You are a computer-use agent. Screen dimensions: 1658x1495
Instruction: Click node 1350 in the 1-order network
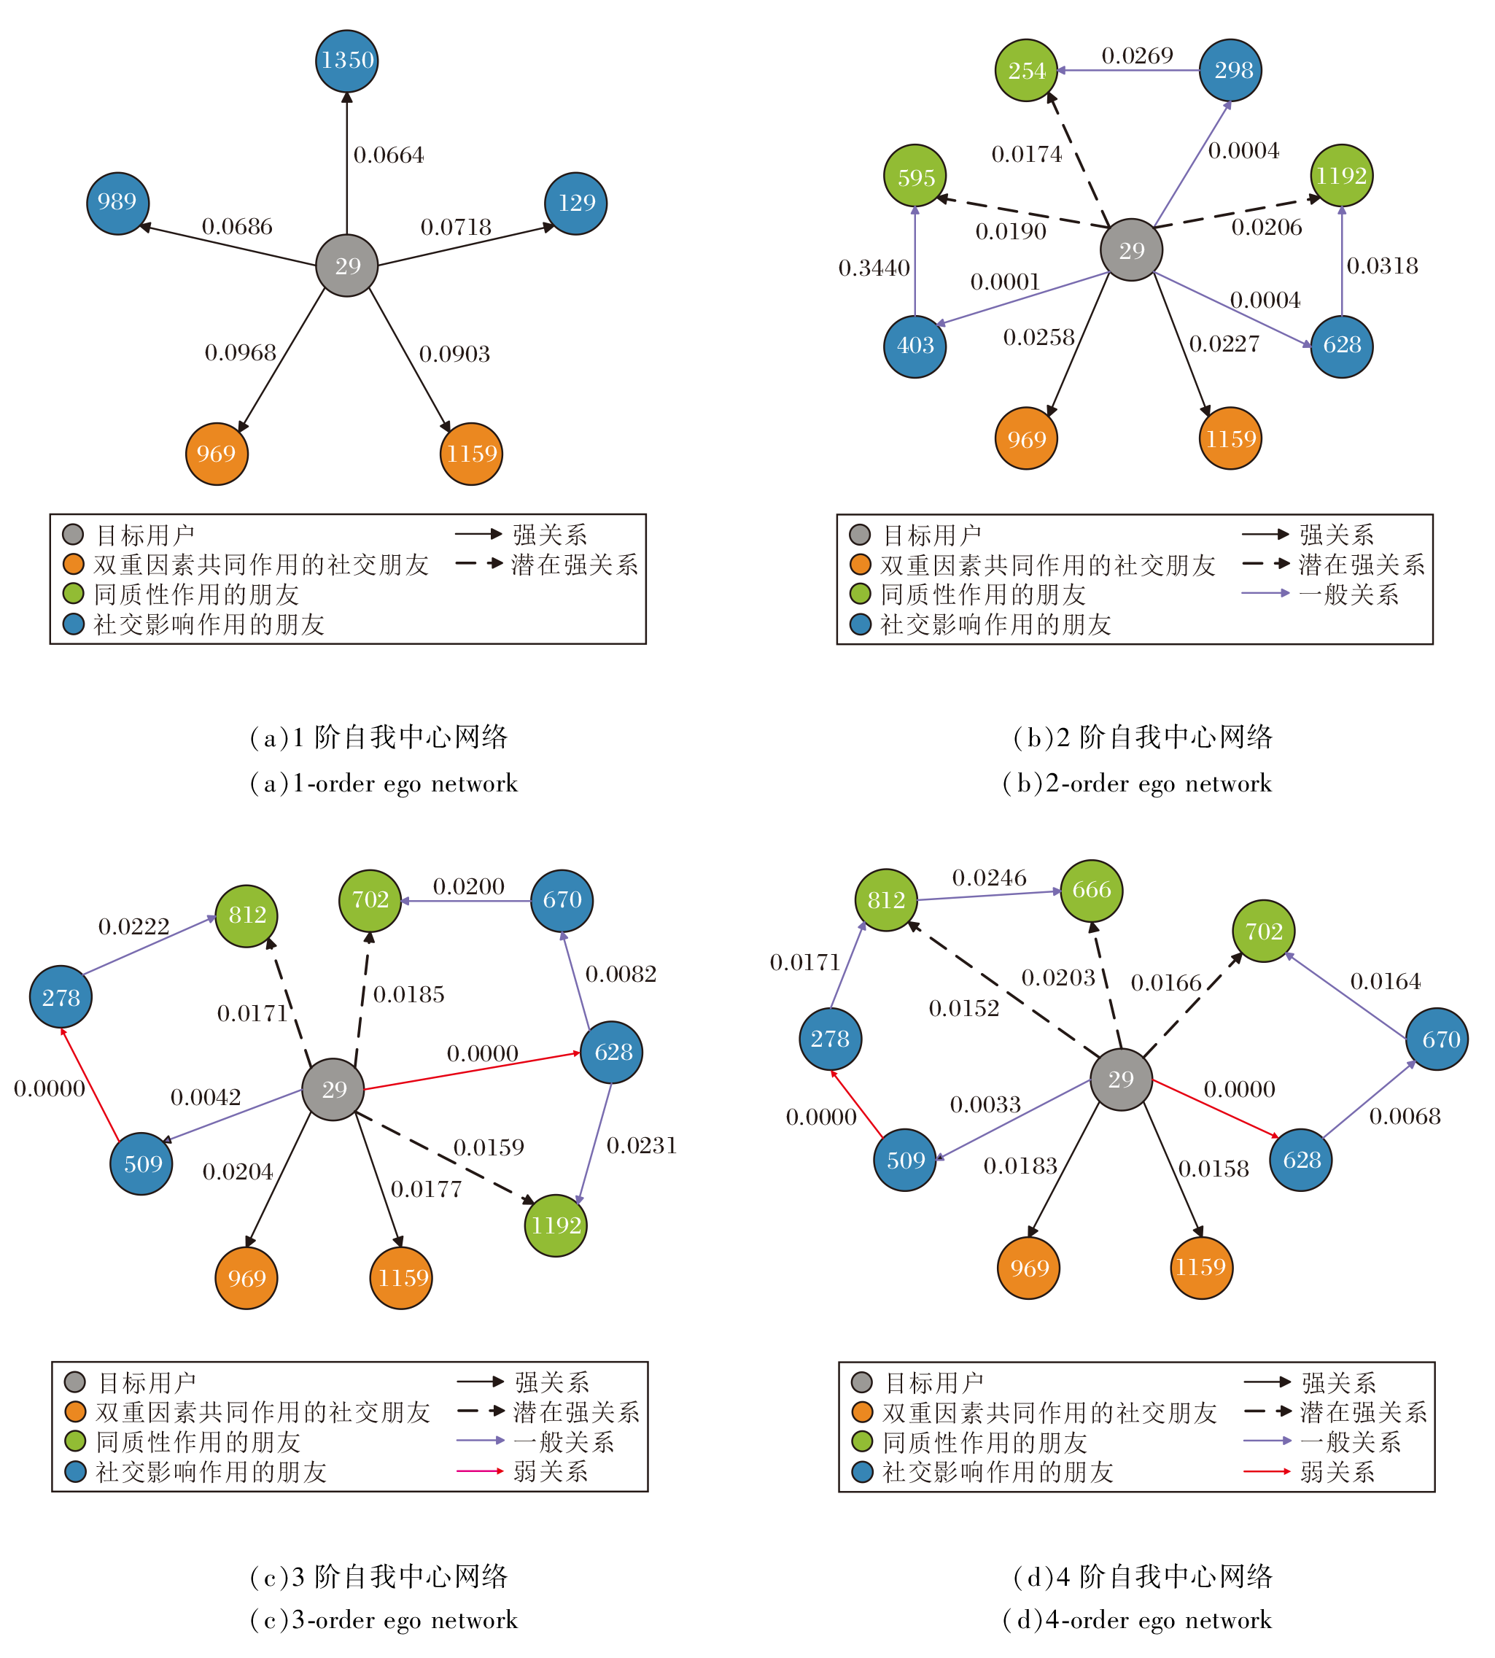(346, 61)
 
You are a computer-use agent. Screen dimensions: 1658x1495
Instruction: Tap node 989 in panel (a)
(117, 203)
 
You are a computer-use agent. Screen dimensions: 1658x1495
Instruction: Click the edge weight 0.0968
(240, 353)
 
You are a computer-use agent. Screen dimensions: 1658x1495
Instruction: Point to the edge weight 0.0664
(389, 155)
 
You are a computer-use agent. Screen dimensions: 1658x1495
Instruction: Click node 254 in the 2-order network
(1026, 71)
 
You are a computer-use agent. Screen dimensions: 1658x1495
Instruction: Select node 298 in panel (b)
(1230, 71)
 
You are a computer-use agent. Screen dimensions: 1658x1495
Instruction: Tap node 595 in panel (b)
(915, 177)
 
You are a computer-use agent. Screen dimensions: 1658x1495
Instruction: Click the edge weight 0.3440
(874, 268)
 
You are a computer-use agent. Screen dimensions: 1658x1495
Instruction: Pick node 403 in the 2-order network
(915, 346)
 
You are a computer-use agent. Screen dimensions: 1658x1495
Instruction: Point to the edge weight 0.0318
(1383, 266)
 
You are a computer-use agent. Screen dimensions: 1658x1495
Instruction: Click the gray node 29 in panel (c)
(333, 1090)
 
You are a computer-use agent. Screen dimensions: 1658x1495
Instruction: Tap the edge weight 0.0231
(642, 1145)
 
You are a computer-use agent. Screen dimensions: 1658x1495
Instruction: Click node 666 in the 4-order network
(1091, 891)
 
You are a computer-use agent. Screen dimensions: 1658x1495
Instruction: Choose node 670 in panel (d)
(1437, 1039)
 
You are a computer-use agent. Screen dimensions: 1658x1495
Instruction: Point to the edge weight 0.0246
(989, 878)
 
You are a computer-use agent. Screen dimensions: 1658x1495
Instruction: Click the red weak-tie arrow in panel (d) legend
(1267, 1471)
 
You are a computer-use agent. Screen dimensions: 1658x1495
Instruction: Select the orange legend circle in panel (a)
(74, 565)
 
